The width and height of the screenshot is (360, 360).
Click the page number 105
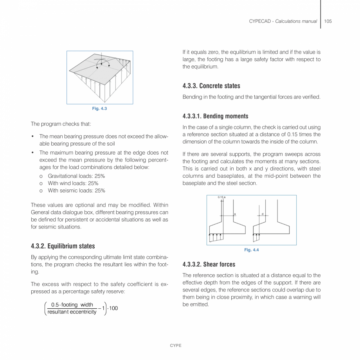[x=328, y=21]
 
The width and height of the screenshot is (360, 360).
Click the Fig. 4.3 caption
[x=99, y=108]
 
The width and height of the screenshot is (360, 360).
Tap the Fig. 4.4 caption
[x=252, y=250]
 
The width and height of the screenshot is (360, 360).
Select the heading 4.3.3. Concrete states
[x=211, y=86]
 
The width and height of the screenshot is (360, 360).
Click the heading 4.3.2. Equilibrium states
[x=63, y=246]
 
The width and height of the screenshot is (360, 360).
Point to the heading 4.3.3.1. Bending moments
[x=215, y=116]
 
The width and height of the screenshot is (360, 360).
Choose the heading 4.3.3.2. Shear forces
[x=209, y=264]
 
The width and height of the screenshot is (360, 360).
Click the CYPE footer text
[x=176, y=346]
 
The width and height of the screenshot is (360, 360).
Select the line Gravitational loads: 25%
[x=76, y=176]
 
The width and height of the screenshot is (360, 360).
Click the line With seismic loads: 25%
[x=76, y=191]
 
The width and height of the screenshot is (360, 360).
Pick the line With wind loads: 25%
[x=73, y=183]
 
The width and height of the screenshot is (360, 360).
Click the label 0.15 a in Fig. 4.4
[x=221, y=197]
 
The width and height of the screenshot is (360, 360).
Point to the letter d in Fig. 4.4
[x=262, y=214]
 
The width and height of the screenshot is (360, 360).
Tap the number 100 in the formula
[x=113, y=308]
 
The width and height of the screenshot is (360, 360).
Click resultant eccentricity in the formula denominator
[x=72, y=312]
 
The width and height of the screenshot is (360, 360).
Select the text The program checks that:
[x=61, y=124]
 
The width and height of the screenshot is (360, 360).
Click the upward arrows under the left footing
[x=216, y=237]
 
